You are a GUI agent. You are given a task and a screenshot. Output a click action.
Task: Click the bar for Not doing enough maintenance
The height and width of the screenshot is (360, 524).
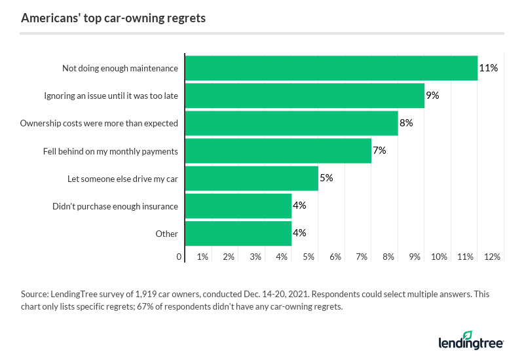(331, 68)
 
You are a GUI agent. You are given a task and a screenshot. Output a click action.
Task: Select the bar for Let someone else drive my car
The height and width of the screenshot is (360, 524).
(252, 178)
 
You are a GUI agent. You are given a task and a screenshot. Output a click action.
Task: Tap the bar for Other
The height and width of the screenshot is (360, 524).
(238, 233)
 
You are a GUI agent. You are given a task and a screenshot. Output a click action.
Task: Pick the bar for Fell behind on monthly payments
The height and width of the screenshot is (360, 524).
(278, 151)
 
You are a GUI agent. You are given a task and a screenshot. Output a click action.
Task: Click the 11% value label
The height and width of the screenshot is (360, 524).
(488, 68)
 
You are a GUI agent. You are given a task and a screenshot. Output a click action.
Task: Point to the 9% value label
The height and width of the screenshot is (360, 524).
(432, 96)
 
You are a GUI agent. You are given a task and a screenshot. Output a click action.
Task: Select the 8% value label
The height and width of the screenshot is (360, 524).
(406, 123)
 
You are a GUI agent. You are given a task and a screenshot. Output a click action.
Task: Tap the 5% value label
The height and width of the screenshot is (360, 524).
(326, 178)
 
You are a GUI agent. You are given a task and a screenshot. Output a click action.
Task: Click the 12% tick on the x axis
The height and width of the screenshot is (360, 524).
(492, 257)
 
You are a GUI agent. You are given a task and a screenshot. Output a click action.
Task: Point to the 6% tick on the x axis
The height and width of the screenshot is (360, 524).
(335, 257)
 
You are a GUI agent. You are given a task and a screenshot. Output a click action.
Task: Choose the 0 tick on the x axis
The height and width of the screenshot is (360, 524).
(179, 257)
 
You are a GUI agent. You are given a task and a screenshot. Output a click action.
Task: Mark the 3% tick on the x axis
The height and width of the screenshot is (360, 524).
(255, 257)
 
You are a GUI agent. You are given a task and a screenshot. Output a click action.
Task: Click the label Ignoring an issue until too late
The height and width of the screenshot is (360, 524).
(111, 96)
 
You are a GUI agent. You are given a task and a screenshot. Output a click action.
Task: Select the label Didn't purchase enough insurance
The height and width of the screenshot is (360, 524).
(115, 206)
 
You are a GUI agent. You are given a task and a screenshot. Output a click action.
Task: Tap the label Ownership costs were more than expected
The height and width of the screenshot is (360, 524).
(99, 123)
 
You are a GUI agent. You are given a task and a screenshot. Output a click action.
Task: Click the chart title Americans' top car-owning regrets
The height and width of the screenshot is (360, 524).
(113, 18)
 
